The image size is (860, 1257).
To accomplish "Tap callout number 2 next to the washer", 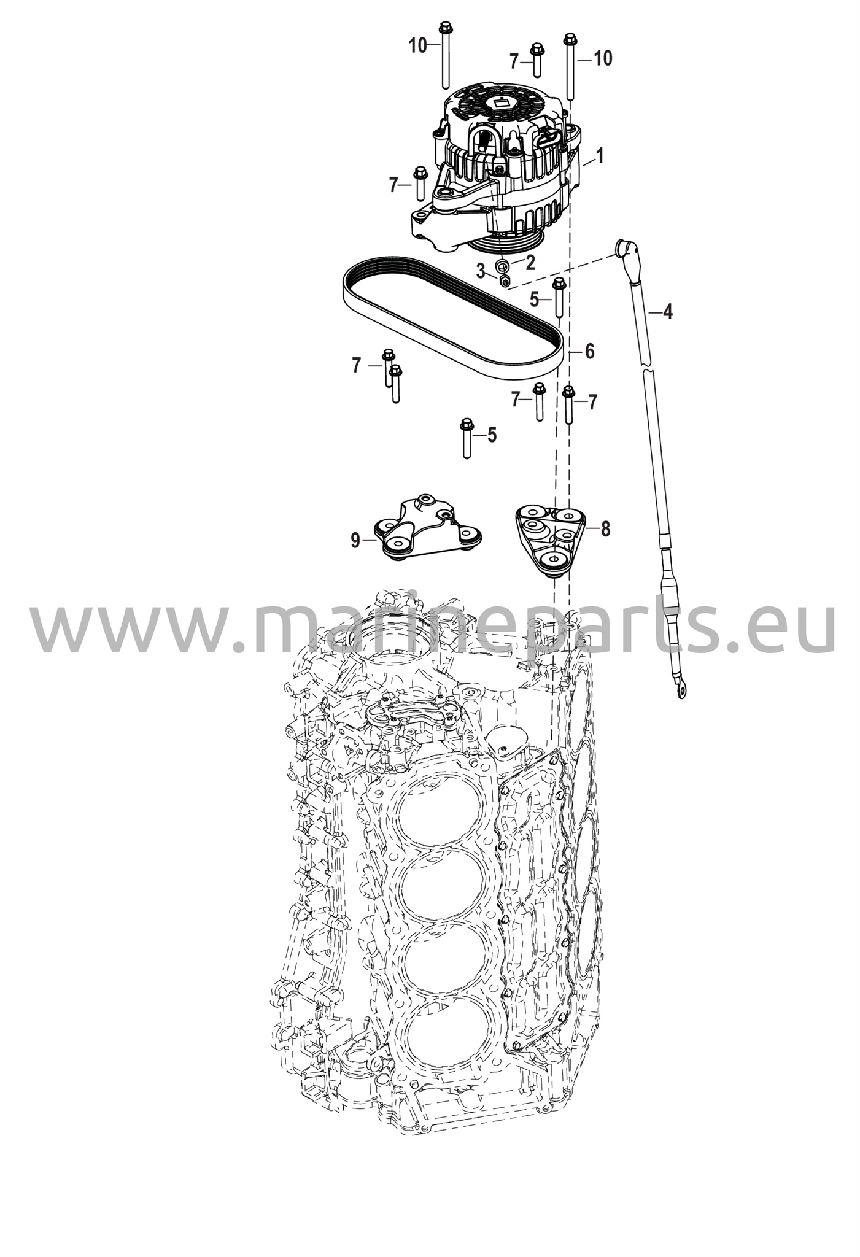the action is click(530, 263).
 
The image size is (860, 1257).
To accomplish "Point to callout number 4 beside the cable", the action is click(667, 312).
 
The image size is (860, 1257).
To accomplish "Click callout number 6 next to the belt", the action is click(589, 351).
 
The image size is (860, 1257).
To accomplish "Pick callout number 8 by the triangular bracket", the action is click(605, 528).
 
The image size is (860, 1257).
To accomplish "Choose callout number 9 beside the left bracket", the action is click(355, 540).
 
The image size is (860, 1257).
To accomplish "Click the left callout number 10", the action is click(418, 45).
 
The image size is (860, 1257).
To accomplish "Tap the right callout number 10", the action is click(603, 58).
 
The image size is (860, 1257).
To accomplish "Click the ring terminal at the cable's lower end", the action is click(680, 689).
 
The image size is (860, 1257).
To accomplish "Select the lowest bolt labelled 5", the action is click(467, 438).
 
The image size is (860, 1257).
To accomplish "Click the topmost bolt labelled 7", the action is click(537, 60).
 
